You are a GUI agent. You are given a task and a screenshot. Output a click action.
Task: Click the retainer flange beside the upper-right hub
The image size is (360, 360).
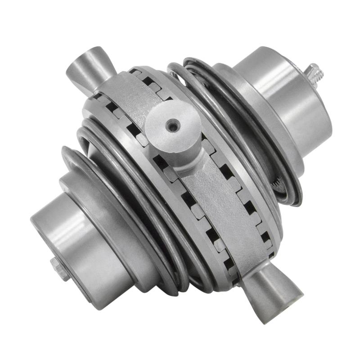click(252, 90)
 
